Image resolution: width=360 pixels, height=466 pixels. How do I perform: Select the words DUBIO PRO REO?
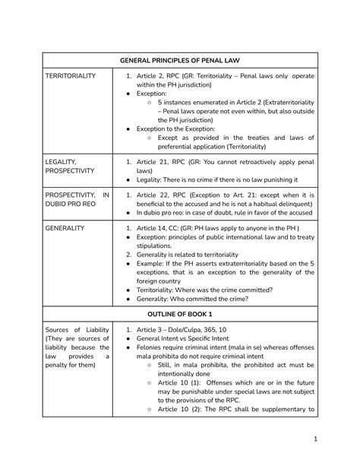68,204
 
